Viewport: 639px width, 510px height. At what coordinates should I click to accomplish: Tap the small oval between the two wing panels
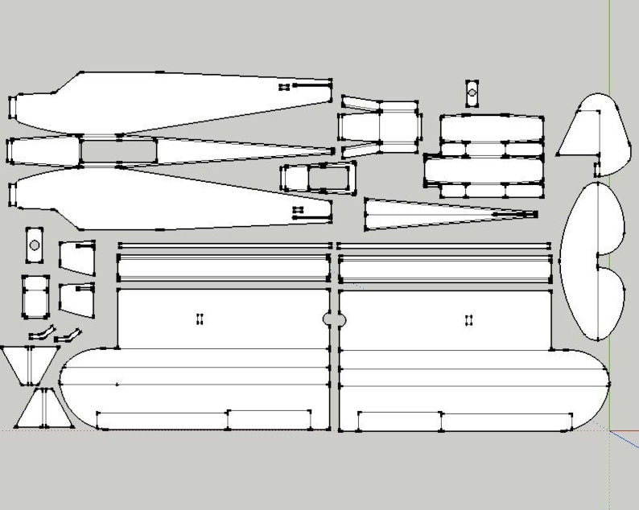(334, 320)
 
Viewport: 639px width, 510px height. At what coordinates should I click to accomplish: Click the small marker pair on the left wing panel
(200, 319)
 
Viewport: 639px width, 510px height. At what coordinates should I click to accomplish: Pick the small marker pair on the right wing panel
(468, 320)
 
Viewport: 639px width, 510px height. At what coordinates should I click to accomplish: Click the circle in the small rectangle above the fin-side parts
(472, 93)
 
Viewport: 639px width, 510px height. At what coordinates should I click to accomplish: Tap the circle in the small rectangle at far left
(34, 245)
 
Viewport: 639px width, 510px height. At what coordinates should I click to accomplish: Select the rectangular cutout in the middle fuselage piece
(118, 150)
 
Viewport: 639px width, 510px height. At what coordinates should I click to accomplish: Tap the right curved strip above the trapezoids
(71, 332)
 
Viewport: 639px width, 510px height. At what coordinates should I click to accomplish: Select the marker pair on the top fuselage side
(283, 86)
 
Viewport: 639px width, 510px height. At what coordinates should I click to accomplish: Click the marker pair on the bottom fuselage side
(298, 210)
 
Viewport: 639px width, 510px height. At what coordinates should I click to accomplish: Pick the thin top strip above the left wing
(224, 245)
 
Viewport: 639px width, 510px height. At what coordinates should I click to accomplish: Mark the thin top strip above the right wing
(444, 245)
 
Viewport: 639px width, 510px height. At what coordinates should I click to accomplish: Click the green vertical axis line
(610, 48)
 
